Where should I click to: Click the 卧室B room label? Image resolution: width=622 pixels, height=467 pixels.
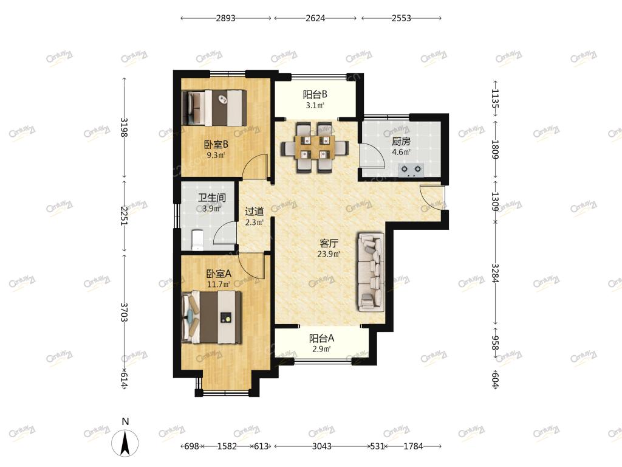pyautogui.click(x=216, y=145)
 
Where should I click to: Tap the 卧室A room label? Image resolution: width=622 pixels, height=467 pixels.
pyautogui.click(x=219, y=274)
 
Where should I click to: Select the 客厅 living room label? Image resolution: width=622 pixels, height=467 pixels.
pyautogui.click(x=329, y=243)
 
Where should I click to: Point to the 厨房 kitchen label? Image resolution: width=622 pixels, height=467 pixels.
pyautogui.click(x=401, y=141)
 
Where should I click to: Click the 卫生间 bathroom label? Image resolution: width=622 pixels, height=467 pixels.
pyautogui.click(x=212, y=198)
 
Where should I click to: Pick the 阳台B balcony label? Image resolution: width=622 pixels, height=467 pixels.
pyautogui.click(x=315, y=94)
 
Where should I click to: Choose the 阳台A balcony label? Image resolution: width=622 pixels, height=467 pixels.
pyautogui.click(x=321, y=338)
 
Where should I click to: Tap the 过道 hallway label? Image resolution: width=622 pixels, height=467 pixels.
pyautogui.click(x=255, y=212)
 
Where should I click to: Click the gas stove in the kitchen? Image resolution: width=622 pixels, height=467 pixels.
pyautogui.click(x=411, y=170)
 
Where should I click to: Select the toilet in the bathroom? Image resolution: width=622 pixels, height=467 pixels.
pyautogui.click(x=197, y=240)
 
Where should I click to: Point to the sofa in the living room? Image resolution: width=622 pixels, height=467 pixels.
pyautogui.click(x=371, y=272)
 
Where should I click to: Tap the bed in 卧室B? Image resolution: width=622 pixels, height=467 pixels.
pyautogui.click(x=214, y=108)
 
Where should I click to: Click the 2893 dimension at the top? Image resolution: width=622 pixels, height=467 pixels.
pyautogui.click(x=226, y=18)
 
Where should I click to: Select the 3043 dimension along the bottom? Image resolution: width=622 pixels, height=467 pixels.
pyautogui.click(x=322, y=446)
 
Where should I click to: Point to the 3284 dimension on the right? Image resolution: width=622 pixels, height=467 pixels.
pyautogui.click(x=495, y=273)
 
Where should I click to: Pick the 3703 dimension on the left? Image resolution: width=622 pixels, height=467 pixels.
pyautogui.click(x=124, y=312)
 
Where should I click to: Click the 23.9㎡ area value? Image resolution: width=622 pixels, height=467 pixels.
pyautogui.click(x=329, y=254)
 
